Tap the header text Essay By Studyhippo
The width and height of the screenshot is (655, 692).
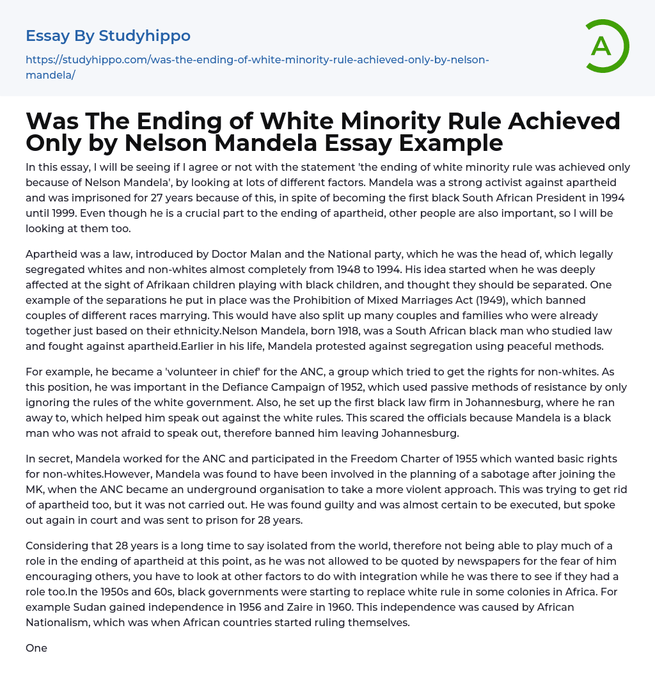[108, 36]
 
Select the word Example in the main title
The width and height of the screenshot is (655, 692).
[449, 143]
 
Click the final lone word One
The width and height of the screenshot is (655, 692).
[36, 648]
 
